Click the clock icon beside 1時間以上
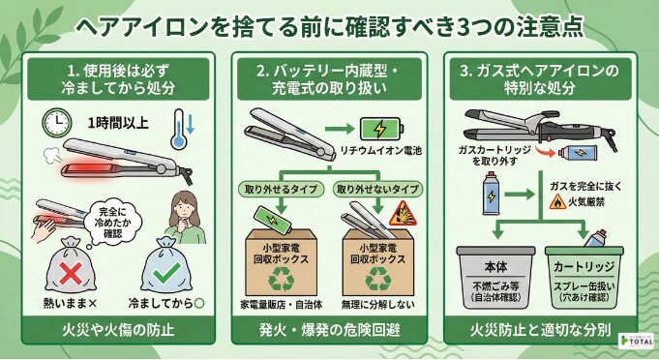click(57, 122)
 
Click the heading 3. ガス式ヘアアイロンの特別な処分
click(543, 81)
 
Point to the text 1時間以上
click(118, 123)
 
